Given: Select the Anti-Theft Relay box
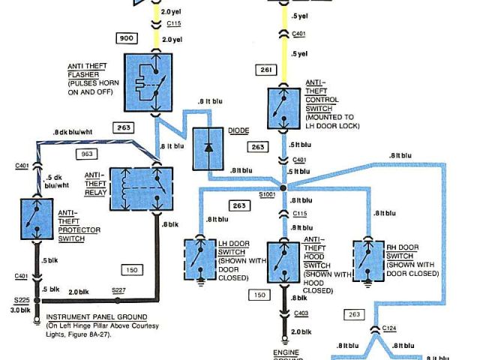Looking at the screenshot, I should click(142, 187).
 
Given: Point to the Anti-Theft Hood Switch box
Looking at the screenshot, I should click(283, 262).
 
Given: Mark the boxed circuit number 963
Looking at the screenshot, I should click(87, 154).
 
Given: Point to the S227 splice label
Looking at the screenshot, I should click(119, 289).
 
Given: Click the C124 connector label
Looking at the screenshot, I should click(388, 328).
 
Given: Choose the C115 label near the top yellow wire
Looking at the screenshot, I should click(174, 24).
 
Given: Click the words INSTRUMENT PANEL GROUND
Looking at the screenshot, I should click(96, 317).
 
